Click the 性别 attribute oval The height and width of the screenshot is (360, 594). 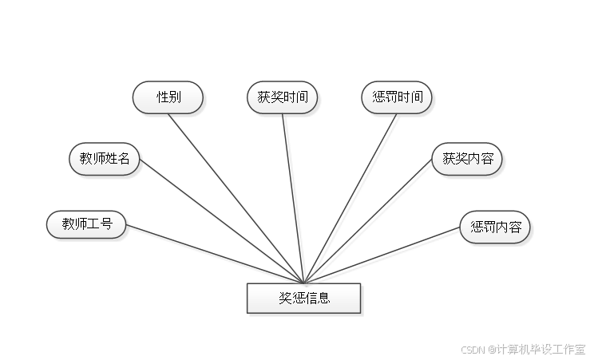[168, 97]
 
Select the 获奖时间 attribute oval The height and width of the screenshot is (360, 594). [283, 97]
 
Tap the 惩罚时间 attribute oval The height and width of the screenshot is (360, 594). [398, 97]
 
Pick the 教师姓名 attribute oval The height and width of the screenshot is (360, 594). [105, 159]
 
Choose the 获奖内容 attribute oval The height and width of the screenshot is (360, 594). [469, 159]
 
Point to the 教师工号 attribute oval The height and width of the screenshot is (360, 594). [86, 225]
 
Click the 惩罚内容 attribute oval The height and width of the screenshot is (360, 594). [496, 227]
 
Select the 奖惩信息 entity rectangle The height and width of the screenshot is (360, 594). [304, 299]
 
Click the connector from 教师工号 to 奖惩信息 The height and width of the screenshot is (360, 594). [216, 254]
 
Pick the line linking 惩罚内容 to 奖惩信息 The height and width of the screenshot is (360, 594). [383, 255]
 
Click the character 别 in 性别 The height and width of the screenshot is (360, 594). [175, 97]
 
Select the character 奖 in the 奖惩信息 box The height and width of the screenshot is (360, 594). [285, 299]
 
